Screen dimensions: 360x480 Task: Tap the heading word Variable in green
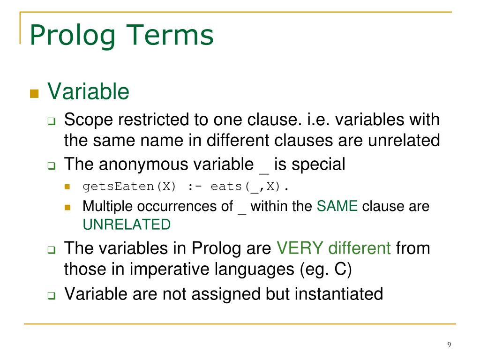(x=88, y=91)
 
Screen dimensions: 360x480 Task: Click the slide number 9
(x=449, y=345)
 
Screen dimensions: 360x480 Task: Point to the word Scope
(x=88, y=120)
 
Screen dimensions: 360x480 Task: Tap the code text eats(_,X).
(x=250, y=187)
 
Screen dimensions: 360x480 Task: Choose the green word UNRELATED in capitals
(x=127, y=225)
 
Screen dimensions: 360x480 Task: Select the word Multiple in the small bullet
(x=106, y=206)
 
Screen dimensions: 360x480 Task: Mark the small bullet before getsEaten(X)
(x=67, y=187)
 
